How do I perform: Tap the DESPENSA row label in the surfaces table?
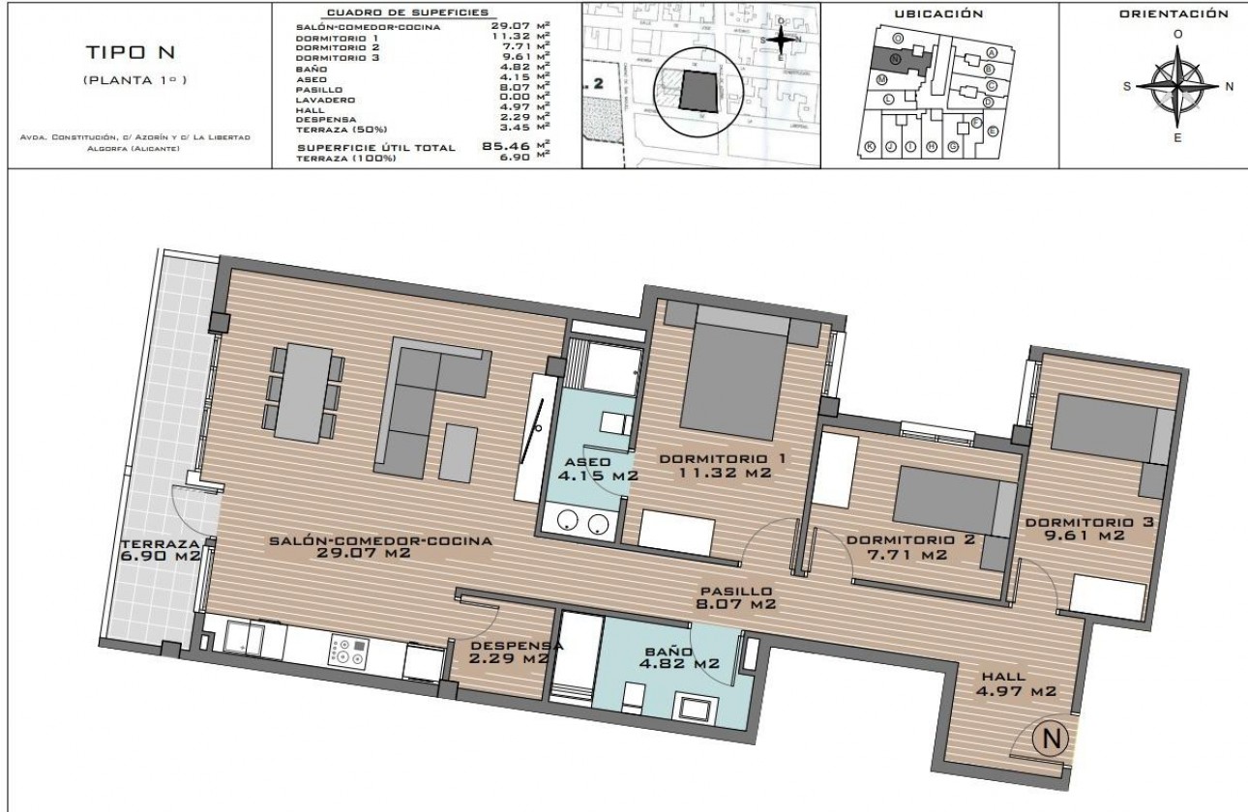click(322, 118)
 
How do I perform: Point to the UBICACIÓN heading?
click(938, 14)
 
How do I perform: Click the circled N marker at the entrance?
click(1050, 739)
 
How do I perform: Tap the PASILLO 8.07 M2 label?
click(737, 597)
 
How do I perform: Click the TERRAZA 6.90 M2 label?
click(161, 550)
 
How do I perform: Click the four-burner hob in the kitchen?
click(347, 650)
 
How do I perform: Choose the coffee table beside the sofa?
click(459, 452)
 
